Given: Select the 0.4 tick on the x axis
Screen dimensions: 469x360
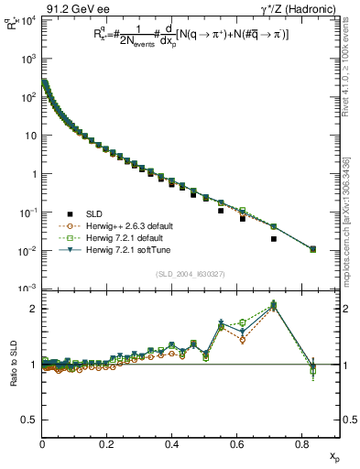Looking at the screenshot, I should coord(171,444).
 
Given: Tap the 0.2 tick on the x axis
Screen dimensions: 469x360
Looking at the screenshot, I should coord(107,444).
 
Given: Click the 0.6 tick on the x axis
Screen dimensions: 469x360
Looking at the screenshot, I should coord(236,444).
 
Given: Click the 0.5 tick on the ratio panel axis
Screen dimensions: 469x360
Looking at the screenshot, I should coord(29,420).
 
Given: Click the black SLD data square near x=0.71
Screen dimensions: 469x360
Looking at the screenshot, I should coord(274,239).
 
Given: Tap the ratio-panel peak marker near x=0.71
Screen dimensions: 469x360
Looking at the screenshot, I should coord(274,306).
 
